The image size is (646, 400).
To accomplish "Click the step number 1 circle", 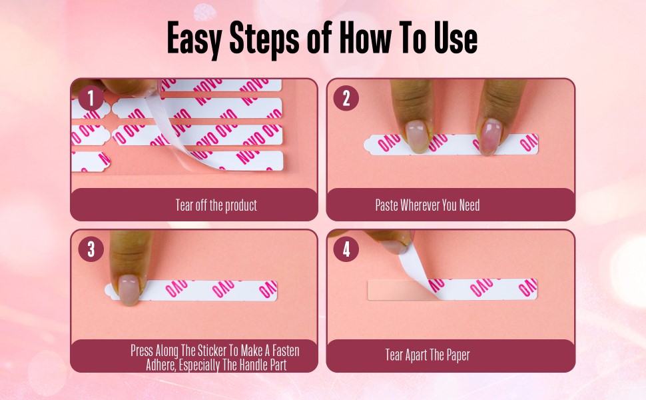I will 91,99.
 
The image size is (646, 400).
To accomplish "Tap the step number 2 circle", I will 346,99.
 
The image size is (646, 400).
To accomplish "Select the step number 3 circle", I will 91,249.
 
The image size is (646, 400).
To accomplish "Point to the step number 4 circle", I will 346,249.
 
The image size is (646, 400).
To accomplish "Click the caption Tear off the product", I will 216,205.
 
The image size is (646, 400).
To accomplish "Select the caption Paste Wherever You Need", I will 427,205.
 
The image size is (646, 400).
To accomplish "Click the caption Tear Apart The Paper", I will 427,355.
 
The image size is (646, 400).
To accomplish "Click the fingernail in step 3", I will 128,288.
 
